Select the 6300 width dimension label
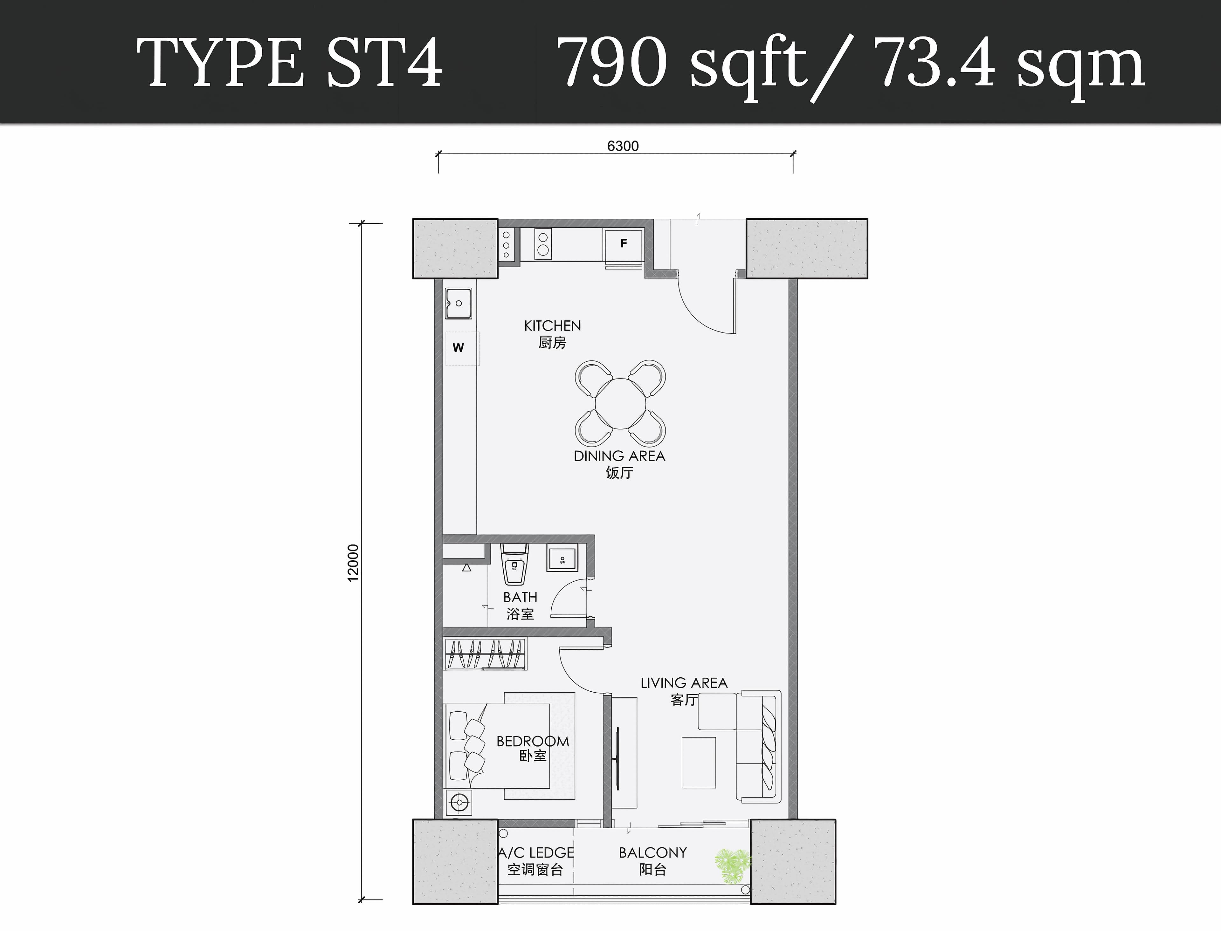click(x=623, y=146)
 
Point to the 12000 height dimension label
click(x=353, y=563)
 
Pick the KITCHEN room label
click(x=553, y=326)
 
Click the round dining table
click(x=620, y=403)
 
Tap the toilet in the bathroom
click(x=514, y=564)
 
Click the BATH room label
click(x=520, y=597)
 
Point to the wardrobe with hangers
click(x=486, y=654)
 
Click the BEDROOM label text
click(x=533, y=742)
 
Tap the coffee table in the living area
click(x=698, y=762)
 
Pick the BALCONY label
click(x=653, y=853)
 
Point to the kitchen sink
click(x=459, y=303)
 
